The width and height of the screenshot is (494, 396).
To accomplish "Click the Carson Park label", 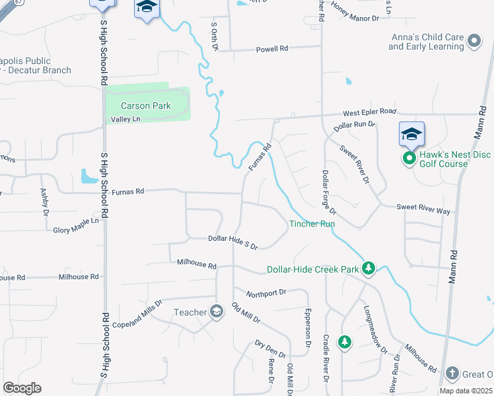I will [x=145, y=106].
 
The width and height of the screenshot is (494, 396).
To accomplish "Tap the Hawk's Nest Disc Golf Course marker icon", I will [x=409, y=158].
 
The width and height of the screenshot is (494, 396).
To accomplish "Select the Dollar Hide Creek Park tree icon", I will [x=369, y=269].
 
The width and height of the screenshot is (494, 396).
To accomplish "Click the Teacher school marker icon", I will [x=216, y=312].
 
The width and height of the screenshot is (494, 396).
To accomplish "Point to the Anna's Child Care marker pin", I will [x=474, y=42].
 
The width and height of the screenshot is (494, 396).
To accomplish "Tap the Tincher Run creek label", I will [x=312, y=224].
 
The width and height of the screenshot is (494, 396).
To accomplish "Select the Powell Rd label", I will [x=273, y=49].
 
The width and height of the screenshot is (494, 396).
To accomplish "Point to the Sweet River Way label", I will [x=423, y=209].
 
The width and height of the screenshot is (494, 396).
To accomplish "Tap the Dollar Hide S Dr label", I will [x=232, y=242].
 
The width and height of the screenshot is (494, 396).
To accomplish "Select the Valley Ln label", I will [x=125, y=119].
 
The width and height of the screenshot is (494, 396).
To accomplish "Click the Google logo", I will [x=22, y=388].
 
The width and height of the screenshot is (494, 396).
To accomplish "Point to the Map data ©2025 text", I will [x=466, y=391].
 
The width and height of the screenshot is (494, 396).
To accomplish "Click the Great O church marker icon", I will [x=452, y=374].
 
